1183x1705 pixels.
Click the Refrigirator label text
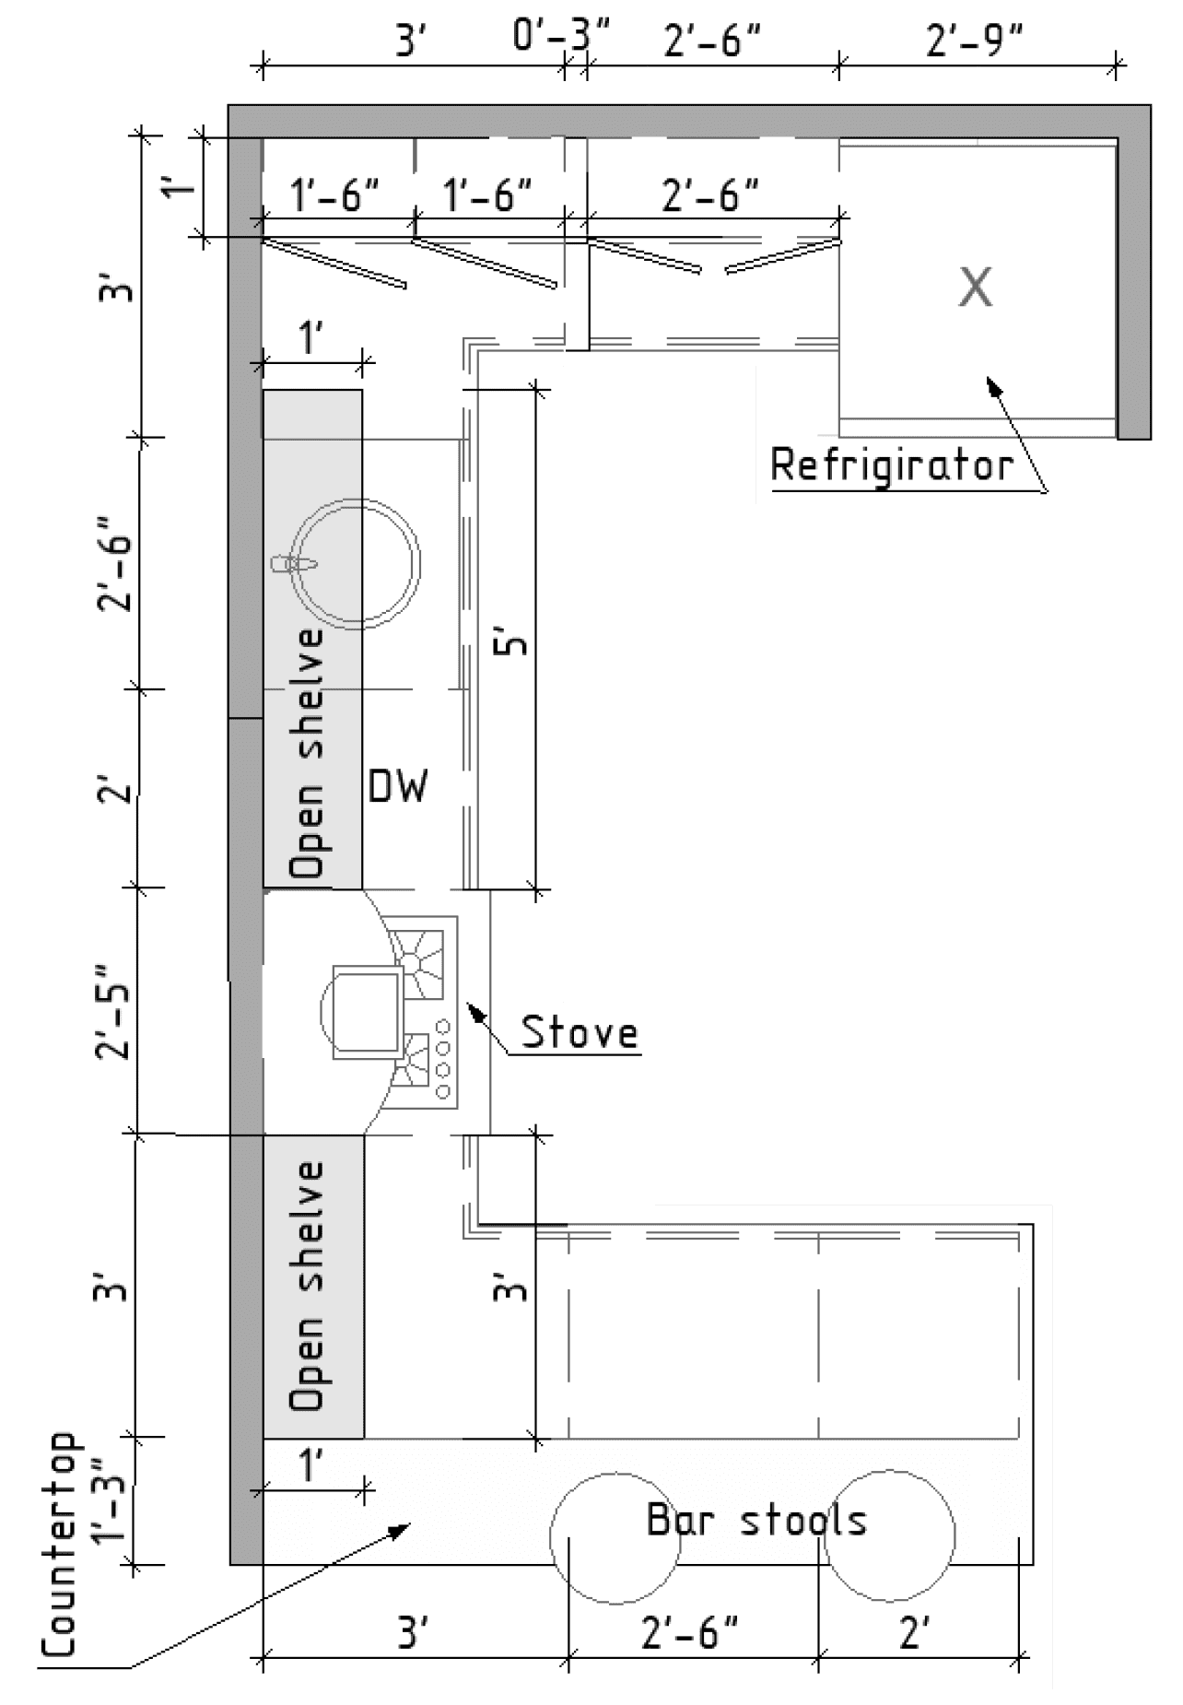892,464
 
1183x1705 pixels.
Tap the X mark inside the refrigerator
976,287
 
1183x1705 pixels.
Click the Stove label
580,1031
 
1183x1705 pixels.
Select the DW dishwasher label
398,786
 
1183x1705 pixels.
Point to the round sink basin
356,564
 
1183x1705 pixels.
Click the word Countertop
59,1545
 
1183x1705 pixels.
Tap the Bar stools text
756,1520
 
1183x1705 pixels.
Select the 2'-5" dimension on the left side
115,1012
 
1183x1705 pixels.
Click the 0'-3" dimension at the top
561,39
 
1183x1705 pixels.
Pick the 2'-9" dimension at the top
975,41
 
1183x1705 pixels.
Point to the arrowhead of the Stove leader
475,1011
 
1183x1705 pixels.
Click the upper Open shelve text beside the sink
307,752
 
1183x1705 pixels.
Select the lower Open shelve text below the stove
307,1287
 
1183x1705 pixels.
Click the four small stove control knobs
443,1059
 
